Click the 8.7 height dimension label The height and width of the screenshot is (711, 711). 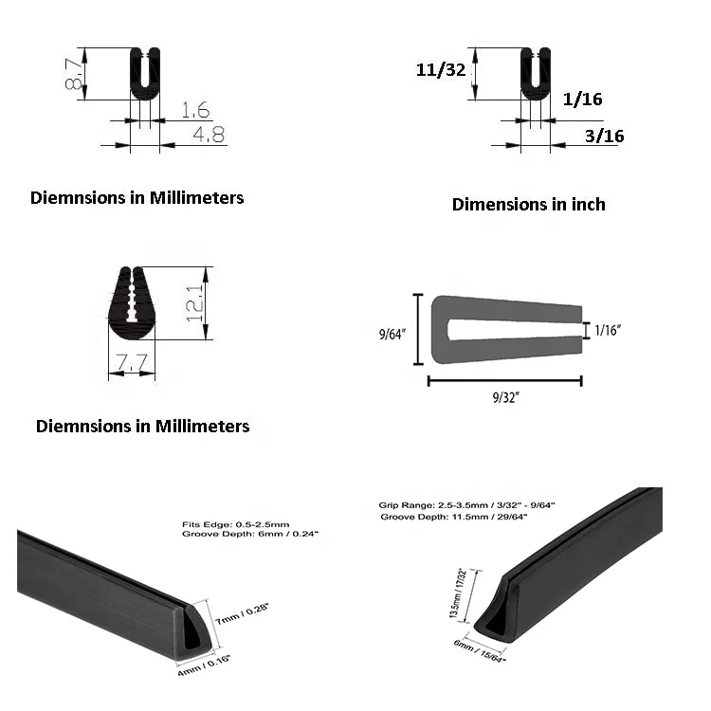pos(74,74)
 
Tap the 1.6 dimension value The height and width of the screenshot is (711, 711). pos(195,110)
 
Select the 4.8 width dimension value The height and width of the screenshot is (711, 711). pos(209,135)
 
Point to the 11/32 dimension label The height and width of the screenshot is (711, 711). pos(441,69)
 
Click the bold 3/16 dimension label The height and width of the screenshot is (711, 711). pos(604,136)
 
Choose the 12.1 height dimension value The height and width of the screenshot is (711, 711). pos(195,303)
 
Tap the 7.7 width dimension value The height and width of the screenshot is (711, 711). pos(132,361)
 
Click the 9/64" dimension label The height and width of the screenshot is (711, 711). pos(392,335)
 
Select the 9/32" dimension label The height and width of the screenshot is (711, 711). pos(505,397)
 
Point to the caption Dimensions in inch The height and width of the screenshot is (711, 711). pos(529,204)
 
